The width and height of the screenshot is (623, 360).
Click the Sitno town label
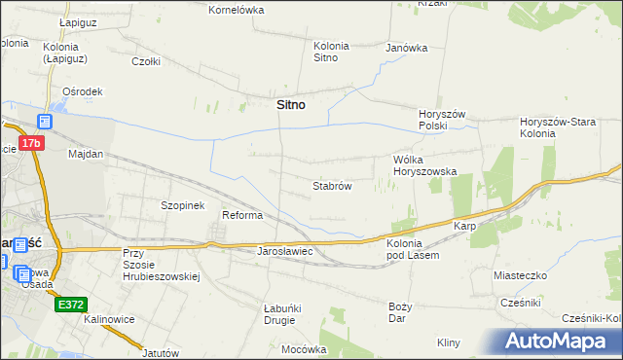click(285, 105)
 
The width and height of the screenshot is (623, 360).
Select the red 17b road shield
click(32, 143)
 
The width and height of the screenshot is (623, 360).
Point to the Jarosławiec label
click(283, 251)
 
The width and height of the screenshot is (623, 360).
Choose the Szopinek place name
click(182, 206)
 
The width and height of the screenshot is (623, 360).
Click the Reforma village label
click(243, 215)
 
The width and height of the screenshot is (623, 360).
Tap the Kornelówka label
click(238, 9)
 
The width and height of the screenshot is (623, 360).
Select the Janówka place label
click(407, 47)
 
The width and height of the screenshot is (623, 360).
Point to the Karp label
click(463, 226)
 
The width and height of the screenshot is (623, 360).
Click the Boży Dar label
click(400, 312)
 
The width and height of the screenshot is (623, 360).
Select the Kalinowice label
click(108, 319)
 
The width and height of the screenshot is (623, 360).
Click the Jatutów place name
click(163, 352)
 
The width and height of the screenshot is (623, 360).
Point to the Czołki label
click(146, 60)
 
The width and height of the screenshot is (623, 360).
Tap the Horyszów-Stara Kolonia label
click(565, 127)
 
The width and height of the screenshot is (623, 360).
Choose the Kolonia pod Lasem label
click(413, 248)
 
